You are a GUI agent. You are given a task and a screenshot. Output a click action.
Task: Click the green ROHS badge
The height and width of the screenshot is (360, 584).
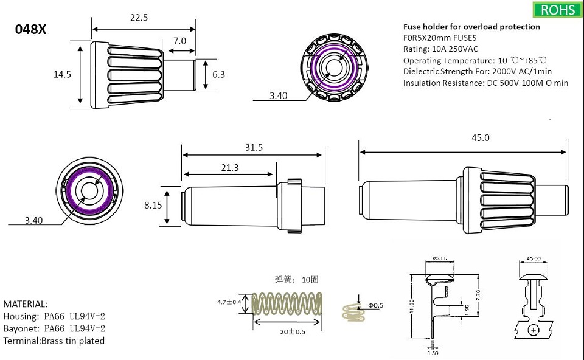point(556,10)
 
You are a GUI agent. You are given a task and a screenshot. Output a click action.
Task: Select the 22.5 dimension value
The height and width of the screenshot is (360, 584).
point(139,18)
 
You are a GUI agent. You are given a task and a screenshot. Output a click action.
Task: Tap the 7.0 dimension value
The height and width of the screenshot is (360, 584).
point(179,41)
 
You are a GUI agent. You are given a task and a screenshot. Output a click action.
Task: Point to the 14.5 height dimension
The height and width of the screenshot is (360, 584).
point(62,74)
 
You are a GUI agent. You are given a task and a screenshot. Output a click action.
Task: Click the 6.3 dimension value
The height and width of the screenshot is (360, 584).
point(219,74)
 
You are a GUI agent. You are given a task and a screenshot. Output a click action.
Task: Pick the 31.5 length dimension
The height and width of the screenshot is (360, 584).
point(253,148)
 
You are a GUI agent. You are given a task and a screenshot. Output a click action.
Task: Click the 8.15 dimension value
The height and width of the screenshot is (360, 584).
point(153,206)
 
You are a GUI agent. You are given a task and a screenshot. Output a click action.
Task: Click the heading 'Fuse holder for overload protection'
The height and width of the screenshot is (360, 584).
point(471,27)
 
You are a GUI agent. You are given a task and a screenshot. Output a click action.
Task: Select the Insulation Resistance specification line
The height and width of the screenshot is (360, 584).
point(485,83)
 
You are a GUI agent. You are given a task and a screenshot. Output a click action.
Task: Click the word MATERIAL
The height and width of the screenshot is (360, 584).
point(26,304)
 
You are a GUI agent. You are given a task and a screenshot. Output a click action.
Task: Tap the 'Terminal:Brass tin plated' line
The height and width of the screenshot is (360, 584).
point(54,341)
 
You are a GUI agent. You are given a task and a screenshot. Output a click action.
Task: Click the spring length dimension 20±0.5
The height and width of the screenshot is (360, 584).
point(293,332)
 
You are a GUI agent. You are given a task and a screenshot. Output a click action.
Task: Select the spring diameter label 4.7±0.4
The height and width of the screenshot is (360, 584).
point(229,302)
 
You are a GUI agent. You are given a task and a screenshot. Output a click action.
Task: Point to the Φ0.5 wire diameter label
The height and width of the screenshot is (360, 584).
point(375,305)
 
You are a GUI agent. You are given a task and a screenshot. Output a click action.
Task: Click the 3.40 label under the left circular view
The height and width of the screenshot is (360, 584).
point(34,221)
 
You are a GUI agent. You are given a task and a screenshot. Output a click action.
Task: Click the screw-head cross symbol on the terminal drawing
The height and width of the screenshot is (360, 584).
point(534,330)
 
